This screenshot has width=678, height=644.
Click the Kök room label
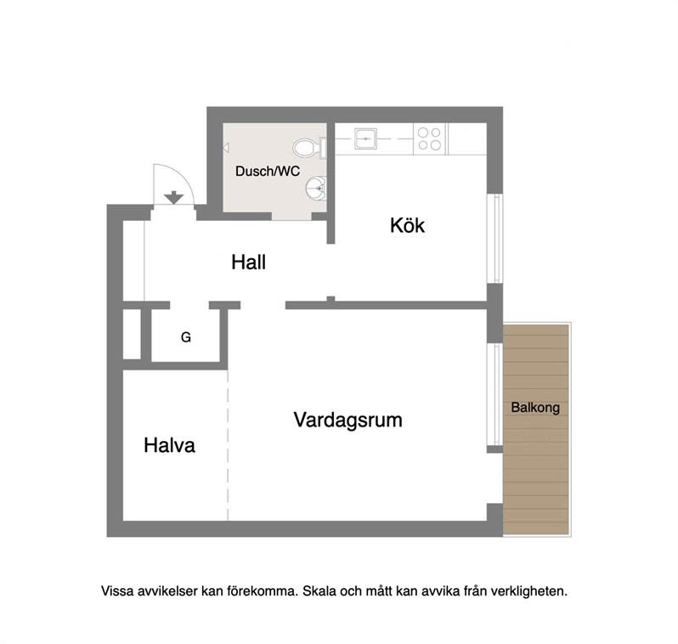click(x=407, y=225)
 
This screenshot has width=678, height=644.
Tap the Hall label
click(x=248, y=262)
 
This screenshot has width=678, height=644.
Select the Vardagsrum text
click(x=347, y=420)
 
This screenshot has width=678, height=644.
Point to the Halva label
click(x=169, y=445)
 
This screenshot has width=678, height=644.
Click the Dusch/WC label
click(x=268, y=172)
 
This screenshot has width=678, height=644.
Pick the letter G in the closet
click(x=185, y=337)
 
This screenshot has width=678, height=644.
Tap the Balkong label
click(x=535, y=408)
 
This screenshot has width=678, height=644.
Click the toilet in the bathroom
click(x=308, y=148)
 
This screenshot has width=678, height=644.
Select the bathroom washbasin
click(x=317, y=188)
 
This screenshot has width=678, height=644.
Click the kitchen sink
click(x=365, y=138)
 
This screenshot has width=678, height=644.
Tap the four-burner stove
click(x=430, y=138)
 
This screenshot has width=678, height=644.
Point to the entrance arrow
click(x=174, y=197)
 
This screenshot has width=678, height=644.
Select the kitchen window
click(x=495, y=239)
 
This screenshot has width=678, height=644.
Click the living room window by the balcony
click(x=495, y=394)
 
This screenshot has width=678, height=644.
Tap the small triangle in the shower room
click(x=226, y=149)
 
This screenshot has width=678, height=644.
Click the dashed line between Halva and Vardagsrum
click(x=228, y=445)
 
